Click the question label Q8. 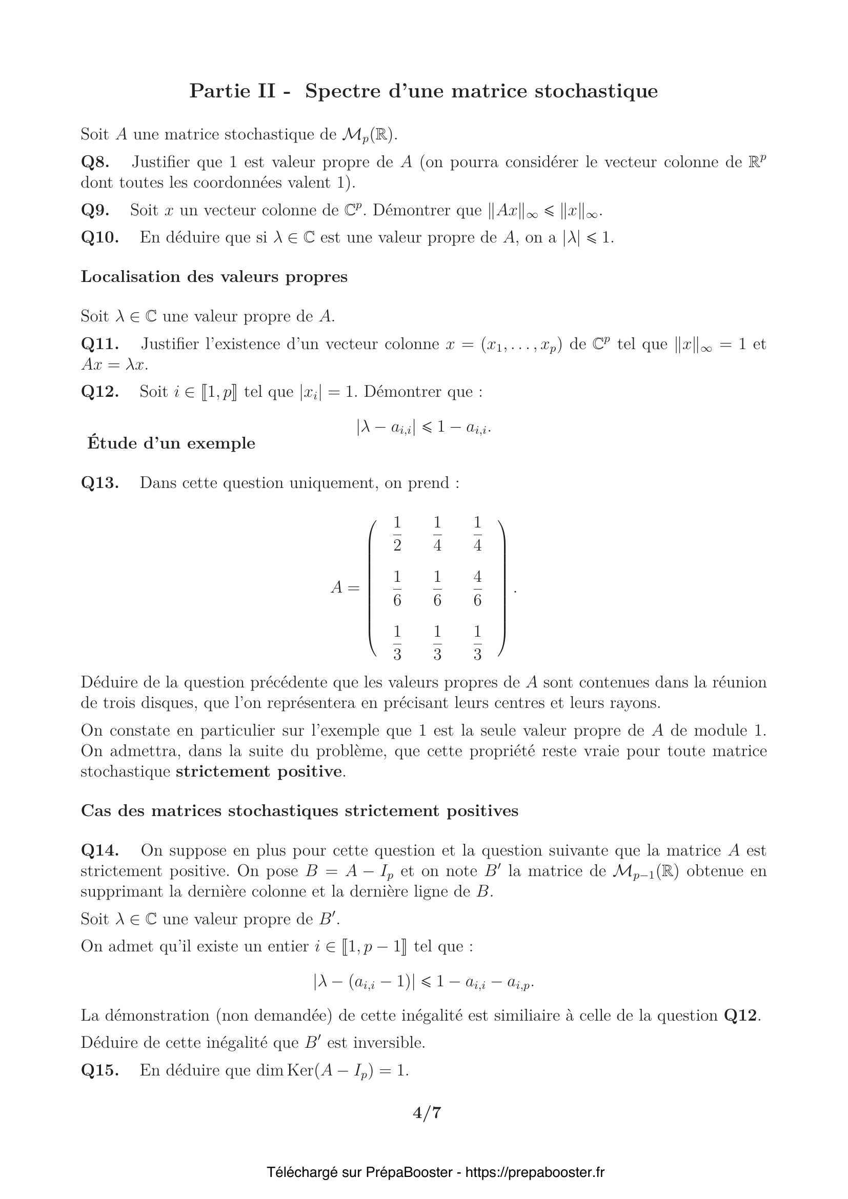(95, 162)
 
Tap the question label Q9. (95, 211)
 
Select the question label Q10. (100, 238)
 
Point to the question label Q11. (100, 344)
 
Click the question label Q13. (100, 482)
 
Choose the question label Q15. (100, 1070)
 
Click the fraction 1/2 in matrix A (397, 534)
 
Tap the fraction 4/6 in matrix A (477, 588)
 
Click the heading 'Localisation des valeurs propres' (214, 277)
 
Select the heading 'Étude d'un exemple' (171, 443)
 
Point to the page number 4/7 (427, 1113)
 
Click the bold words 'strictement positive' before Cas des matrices (259, 772)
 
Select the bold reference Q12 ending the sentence (740, 1015)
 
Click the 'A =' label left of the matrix (345, 588)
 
